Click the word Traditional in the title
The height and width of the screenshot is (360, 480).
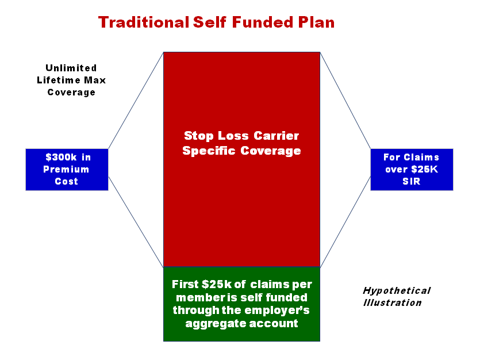coord(144,22)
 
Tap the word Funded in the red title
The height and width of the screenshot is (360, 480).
coord(263,22)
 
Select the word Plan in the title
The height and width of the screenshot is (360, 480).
coord(316,22)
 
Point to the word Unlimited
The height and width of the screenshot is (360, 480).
coord(71,68)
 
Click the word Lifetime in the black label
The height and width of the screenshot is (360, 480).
coord(59,80)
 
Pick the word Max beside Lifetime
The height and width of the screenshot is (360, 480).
coord(95,80)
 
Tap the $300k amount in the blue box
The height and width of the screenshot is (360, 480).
coord(61,157)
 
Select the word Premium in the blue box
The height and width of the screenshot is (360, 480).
coord(66,169)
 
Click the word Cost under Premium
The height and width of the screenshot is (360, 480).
coord(67,181)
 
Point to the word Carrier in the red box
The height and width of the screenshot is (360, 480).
coord(276,136)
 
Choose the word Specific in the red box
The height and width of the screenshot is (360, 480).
coord(209,151)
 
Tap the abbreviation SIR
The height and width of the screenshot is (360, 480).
coord(412,181)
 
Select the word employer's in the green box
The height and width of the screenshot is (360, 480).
coord(277,310)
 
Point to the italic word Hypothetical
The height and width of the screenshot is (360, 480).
coord(397,290)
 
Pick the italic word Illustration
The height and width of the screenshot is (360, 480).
coord(393,302)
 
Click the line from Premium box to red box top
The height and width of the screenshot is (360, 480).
coord(136,101)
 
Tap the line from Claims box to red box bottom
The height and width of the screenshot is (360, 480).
coord(345,221)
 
